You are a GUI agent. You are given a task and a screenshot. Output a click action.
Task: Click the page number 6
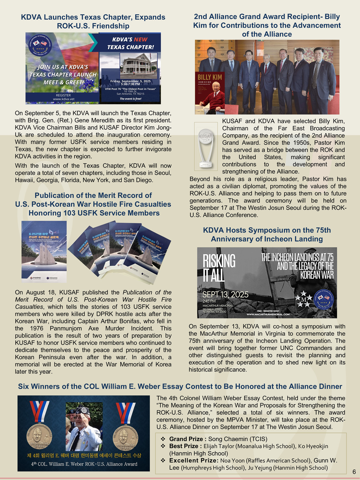354,472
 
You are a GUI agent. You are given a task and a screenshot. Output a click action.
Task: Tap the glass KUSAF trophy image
206,146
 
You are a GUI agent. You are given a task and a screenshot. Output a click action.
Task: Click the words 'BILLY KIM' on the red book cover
210,77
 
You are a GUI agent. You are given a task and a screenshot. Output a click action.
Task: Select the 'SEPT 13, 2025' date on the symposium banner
225,294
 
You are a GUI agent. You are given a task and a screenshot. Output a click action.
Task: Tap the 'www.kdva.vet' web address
63,99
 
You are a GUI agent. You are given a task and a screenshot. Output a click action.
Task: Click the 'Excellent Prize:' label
194,460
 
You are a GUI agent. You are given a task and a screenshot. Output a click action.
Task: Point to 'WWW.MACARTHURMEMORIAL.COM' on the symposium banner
268,314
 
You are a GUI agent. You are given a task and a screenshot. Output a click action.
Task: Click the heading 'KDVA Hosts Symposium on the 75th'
267,230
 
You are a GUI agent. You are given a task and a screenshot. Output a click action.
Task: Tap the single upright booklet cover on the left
44,252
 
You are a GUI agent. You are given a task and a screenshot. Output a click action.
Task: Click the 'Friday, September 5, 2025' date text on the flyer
130,81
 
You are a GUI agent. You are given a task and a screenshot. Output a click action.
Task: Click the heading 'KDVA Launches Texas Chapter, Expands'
93,17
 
